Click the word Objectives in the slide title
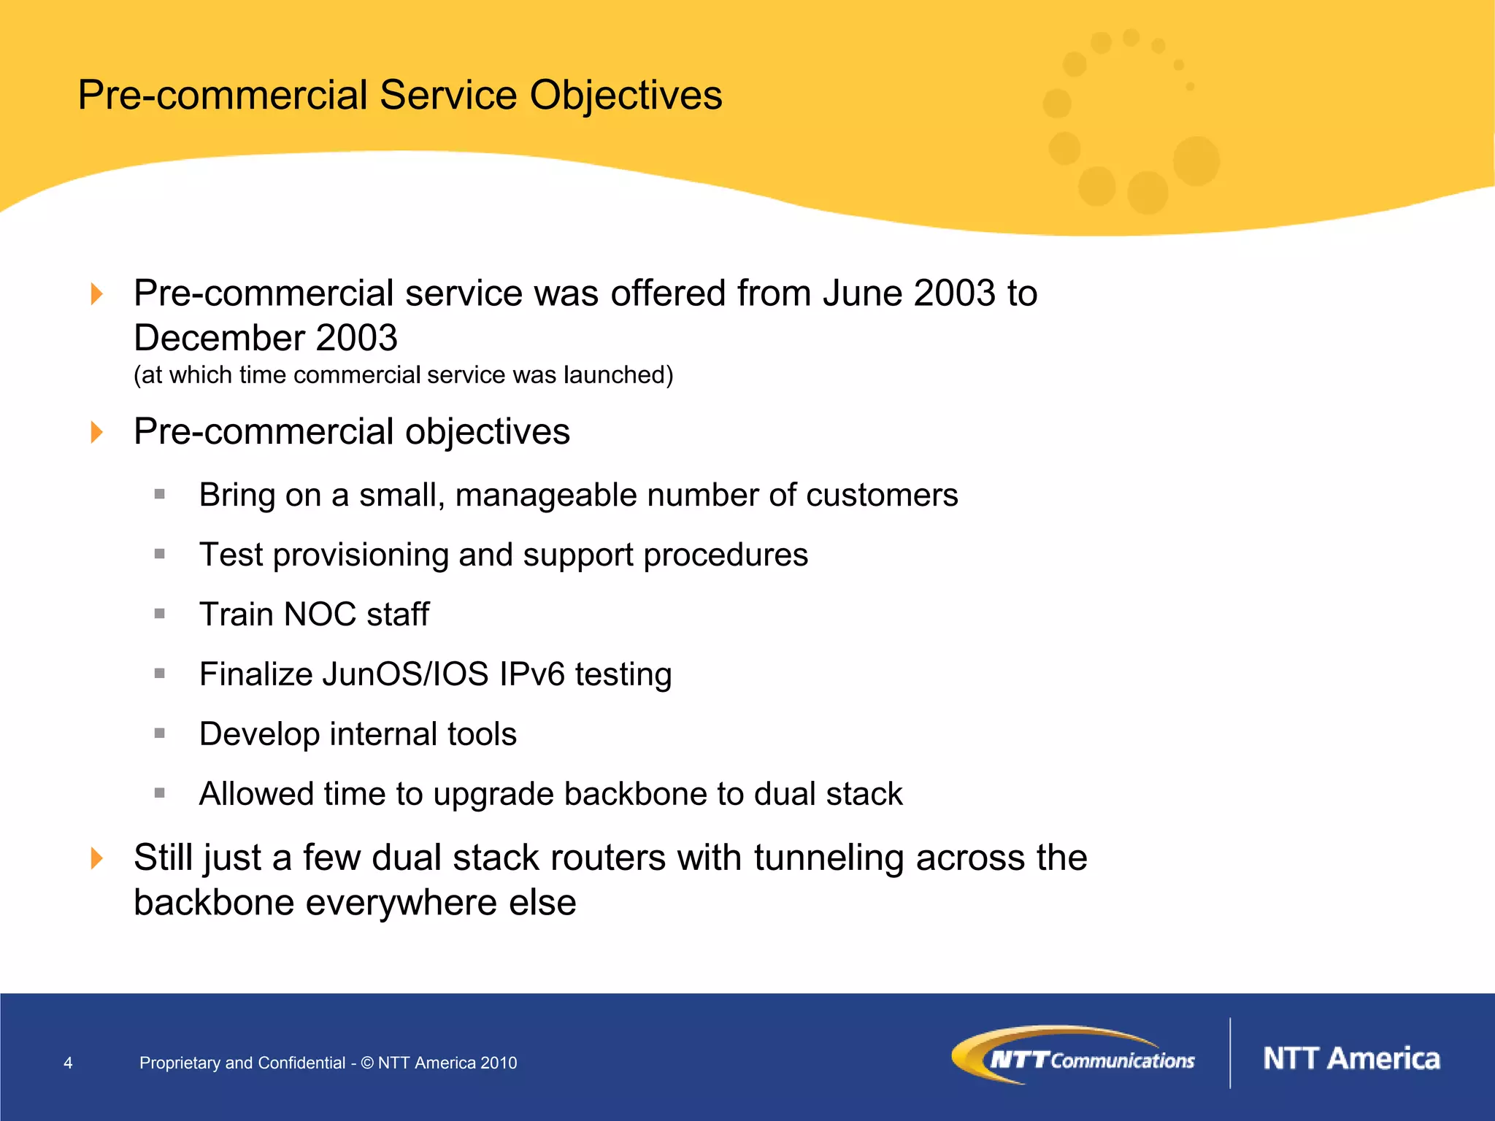[626, 96]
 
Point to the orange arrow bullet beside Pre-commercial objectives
[96, 432]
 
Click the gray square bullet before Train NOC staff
[160, 614]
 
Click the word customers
[881, 496]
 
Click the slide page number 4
[68, 1063]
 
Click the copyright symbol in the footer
[367, 1063]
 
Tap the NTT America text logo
[1351, 1058]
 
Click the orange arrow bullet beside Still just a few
[96, 858]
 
